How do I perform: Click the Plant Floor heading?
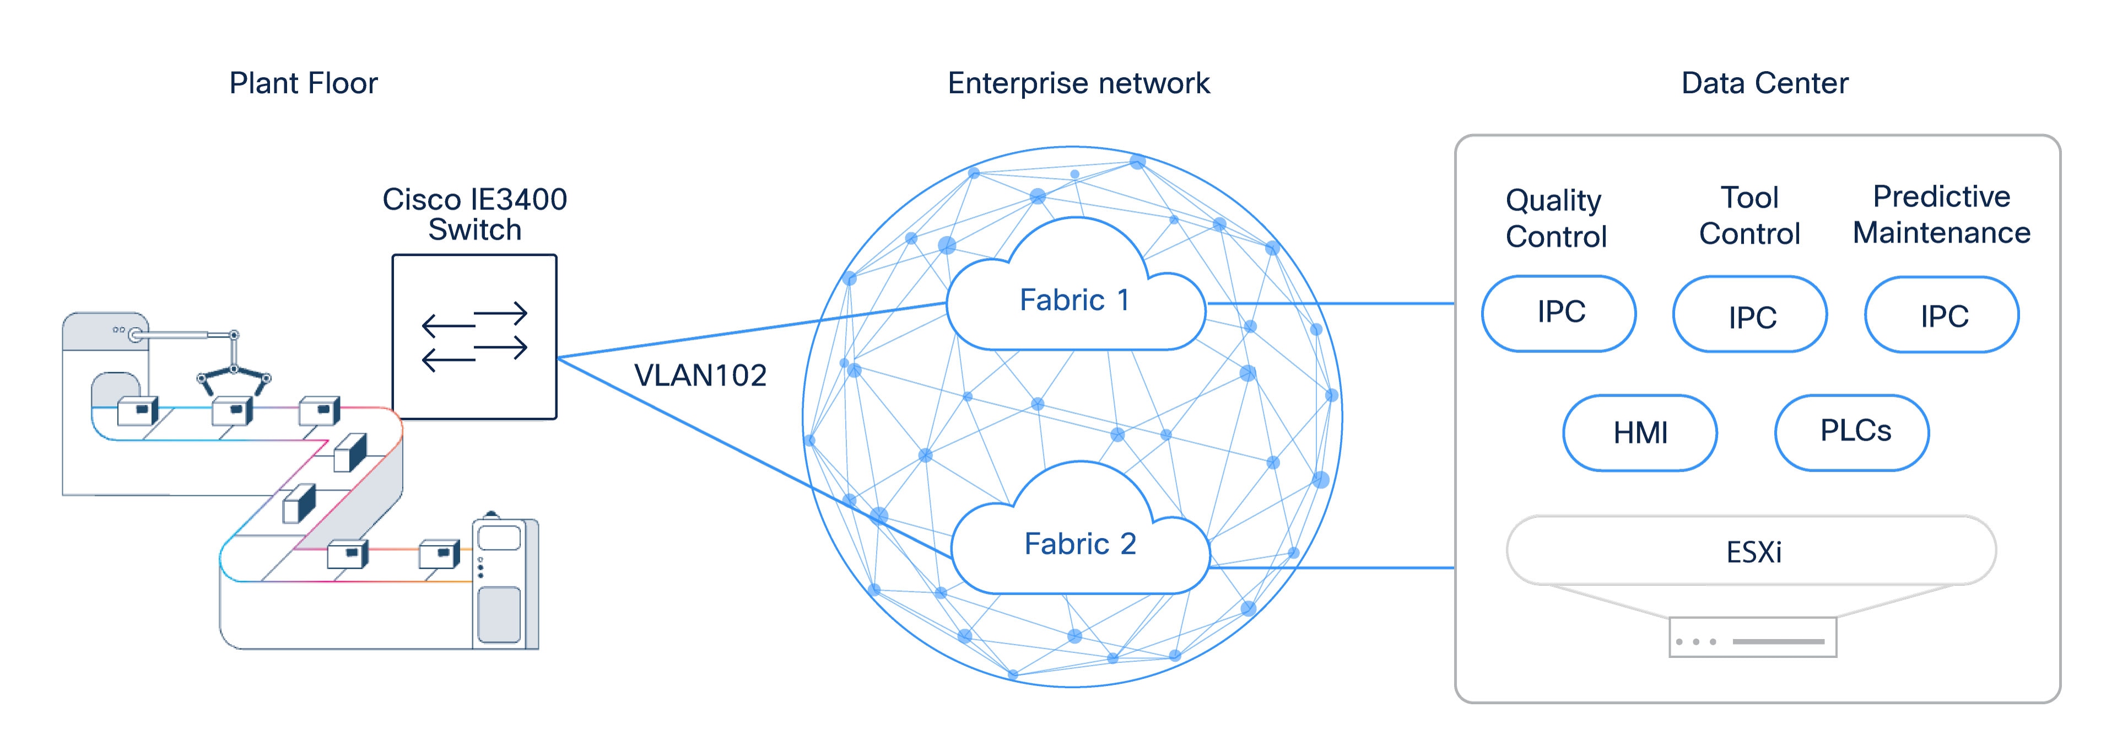click(x=303, y=83)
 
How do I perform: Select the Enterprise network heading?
click(x=1078, y=83)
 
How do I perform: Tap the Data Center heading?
click(x=1764, y=83)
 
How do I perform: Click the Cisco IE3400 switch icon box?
click(x=474, y=337)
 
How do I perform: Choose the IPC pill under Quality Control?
click(x=1559, y=313)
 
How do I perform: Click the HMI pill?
click(x=1639, y=432)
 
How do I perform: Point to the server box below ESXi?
click(x=1752, y=638)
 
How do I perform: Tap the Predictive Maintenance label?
click(x=1941, y=215)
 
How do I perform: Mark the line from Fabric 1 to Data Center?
click(x=1331, y=303)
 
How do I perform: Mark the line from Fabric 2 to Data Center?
click(x=1331, y=566)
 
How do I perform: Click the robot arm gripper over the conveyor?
click(x=234, y=374)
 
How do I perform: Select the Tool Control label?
click(x=1749, y=216)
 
